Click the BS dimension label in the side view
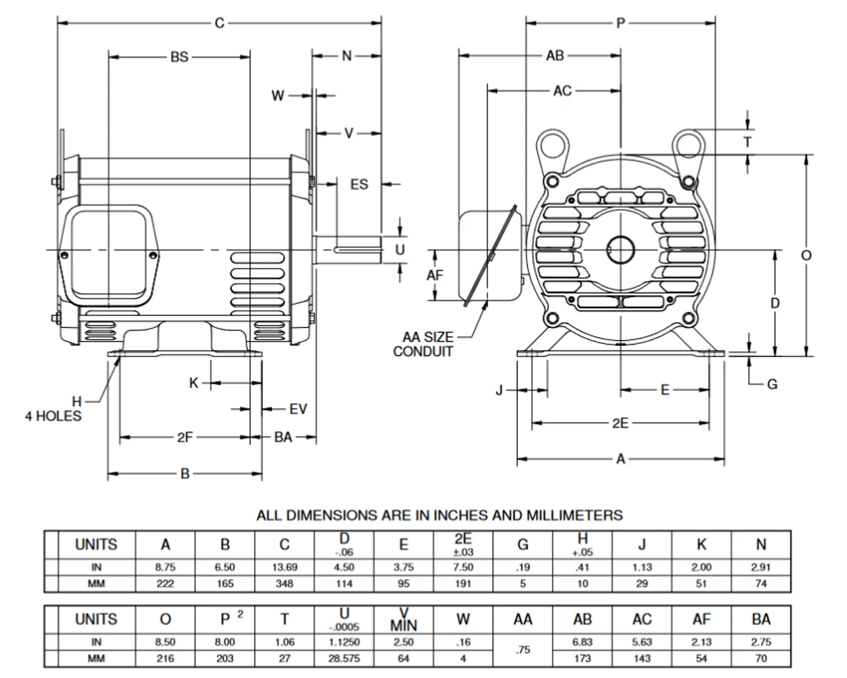(179, 57)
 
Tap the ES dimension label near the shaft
(359, 184)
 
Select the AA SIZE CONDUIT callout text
(423, 344)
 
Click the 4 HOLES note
(53, 415)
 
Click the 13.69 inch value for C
(285, 567)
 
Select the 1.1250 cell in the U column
(344, 642)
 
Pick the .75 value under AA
(523, 650)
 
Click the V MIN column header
(404, 619)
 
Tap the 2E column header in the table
(463, 544)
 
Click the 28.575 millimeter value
(344, 659)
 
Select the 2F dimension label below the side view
(185, 437)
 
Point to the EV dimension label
(298, 409)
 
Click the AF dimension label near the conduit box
(435, 275)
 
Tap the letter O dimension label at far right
(806, 255)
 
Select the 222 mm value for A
(165, 583)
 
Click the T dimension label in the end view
(748, 142)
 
